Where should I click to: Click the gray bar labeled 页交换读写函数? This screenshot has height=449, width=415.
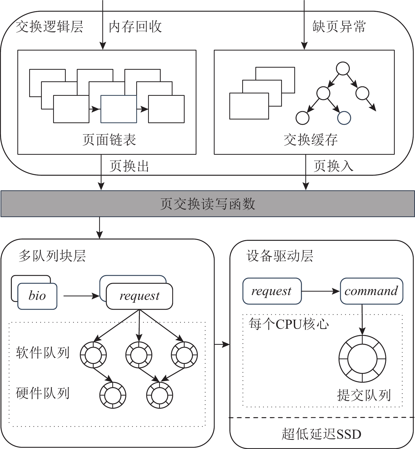click(x=207, y=204)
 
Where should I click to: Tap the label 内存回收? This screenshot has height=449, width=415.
click(x=135, y=27)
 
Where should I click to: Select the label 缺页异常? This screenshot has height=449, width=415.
click(x=339, y=27)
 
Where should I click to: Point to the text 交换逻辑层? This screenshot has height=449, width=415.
click(x=49, y=27)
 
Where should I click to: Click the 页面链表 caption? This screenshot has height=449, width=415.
click(x=109, y=139)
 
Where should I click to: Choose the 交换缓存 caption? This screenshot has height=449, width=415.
click(x=311, y=139)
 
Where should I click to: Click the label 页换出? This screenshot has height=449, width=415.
click(x=129, y=166)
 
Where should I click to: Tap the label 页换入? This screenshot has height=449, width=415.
click(x=333, y=166)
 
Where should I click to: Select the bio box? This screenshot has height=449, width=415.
click(x=37, y=296)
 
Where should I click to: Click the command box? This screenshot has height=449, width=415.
click(x=371, y=291)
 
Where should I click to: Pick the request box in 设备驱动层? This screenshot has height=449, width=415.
click(x=272, y=291)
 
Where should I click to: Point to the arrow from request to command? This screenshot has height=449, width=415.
click(x=321, y=291)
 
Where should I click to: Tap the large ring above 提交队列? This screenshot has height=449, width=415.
click(x=362, y=359)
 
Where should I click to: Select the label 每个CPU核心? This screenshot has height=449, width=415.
click(x=289, y=324)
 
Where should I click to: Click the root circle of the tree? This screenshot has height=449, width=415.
click(x=343, y=69)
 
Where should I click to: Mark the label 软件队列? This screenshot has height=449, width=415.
click(x=43, y=353)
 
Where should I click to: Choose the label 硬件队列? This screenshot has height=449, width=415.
click(x=43, y=393)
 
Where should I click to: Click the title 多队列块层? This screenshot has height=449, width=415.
click(x=52, y=256)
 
